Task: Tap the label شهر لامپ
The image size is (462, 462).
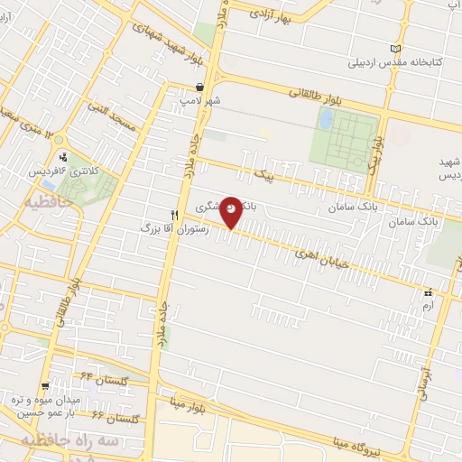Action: point(199,101)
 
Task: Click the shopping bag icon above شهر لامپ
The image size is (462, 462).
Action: point(199,88)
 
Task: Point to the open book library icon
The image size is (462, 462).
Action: point(396,49)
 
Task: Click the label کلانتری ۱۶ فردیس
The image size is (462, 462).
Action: point(78,171)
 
